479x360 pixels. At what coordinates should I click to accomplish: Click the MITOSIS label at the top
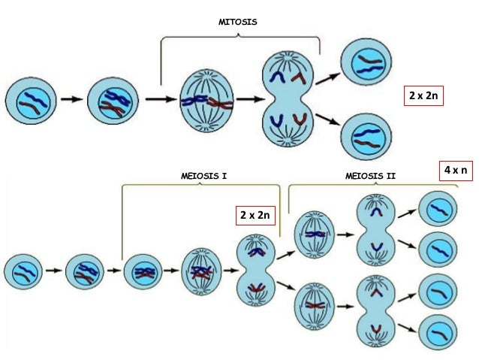pyautogui.click(x=237, y=23)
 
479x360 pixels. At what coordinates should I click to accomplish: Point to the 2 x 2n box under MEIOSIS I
pyautogui.click(x=255, y=216)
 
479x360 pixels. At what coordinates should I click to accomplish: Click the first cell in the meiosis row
pyautogui.click(x=23, y=270)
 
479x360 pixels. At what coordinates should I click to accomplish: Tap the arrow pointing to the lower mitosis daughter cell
pyautogui.click(x=327, y=122)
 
